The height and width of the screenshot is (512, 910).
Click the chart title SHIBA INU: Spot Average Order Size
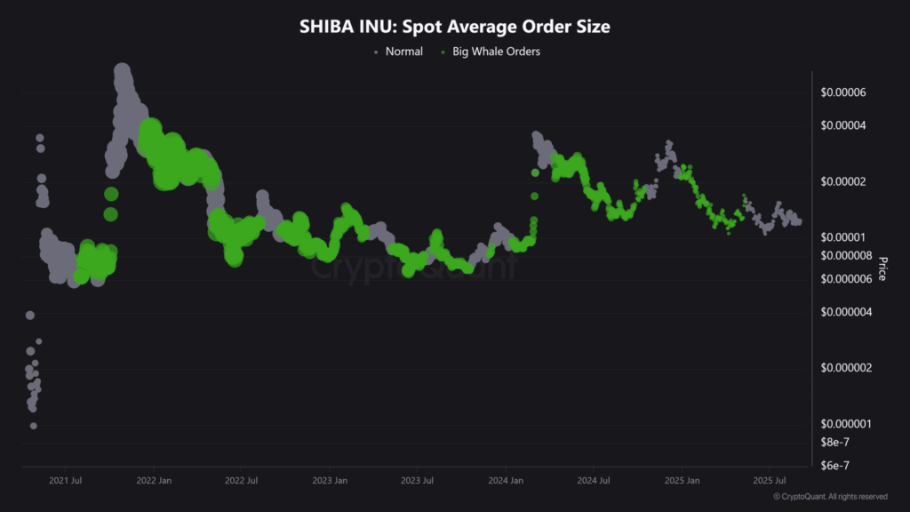(455, 27)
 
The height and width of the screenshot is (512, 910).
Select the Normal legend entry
(403, 52)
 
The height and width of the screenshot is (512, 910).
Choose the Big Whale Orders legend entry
(496, 52)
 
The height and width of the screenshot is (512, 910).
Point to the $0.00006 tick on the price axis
(842, 93)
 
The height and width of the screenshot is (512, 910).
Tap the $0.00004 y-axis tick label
(842, 126)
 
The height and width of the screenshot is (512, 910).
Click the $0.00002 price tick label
(842, 182)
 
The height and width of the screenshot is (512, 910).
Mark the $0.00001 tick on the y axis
(842, 238)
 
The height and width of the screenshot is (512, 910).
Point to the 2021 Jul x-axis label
(65, 481)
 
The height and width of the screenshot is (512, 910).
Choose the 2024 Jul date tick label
(593, 481)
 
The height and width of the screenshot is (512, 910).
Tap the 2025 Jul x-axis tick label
(769, 481)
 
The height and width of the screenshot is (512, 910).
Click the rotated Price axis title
(882, 268)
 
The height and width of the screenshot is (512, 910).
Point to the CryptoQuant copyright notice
(830, 497)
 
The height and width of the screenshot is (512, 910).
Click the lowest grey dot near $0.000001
(34, 426)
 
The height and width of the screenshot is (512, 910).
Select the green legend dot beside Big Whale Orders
(443, 52)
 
